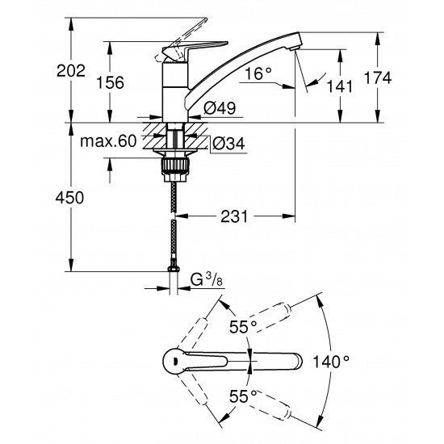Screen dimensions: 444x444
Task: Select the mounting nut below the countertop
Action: pos(174,164)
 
